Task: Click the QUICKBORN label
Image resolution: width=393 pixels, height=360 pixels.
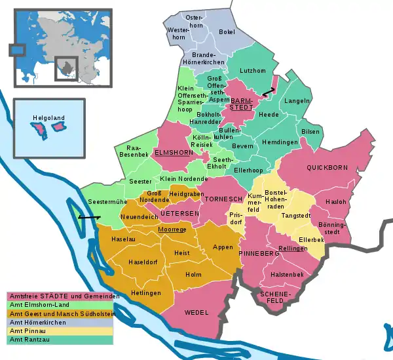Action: pos(329,167)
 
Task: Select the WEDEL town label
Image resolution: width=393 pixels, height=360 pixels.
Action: pos(196,313)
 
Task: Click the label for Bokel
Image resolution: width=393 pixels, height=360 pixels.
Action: pos(227,31)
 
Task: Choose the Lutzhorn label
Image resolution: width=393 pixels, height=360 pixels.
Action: pos(253,70)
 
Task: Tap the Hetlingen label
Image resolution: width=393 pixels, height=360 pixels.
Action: pos(145,293)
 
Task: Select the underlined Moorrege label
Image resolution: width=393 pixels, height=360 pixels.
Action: pos(172,230)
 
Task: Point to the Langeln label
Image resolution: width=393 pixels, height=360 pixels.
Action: pos(297,101)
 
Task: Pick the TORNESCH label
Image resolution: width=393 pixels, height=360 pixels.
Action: pos(223,199)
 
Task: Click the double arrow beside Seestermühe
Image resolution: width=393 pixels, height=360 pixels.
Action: pos(88,217)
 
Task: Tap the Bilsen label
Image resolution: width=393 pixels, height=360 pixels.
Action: pos(310,131)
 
